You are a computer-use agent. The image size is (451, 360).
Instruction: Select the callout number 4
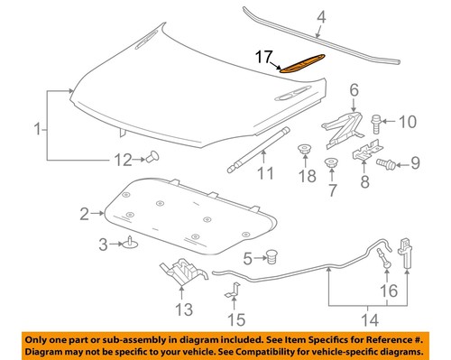pyautogui.click(x=322, y=16)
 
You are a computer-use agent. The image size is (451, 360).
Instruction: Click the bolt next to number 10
pyautogui.click(x=376, y=119)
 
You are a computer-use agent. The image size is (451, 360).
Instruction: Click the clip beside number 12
pyautogui.click(x=152, y=160)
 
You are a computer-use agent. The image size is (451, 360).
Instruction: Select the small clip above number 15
pyautogui.click(x=233, y=291)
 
